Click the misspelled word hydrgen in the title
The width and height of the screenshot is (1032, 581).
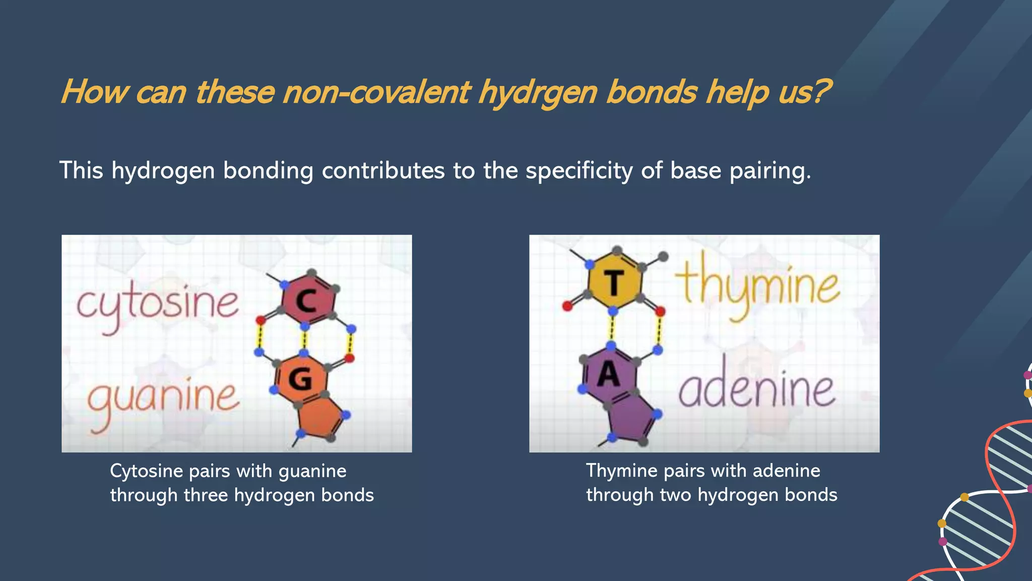click(x=537, y=93)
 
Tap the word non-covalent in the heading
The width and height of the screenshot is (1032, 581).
click(x=376, y=93)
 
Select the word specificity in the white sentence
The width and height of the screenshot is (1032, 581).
click(x=579, y=170)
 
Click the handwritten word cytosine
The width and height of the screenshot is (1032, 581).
click(x=157, y=304)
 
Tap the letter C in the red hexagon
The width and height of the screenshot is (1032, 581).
click(x=306, y=302)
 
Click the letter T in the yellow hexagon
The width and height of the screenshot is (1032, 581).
click(x=613, y=283)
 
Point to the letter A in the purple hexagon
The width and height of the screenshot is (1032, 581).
click(x=608, y=375)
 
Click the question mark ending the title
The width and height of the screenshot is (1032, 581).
click(x=820, y=93)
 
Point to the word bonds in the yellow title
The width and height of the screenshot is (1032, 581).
click(x=652, y=93)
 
